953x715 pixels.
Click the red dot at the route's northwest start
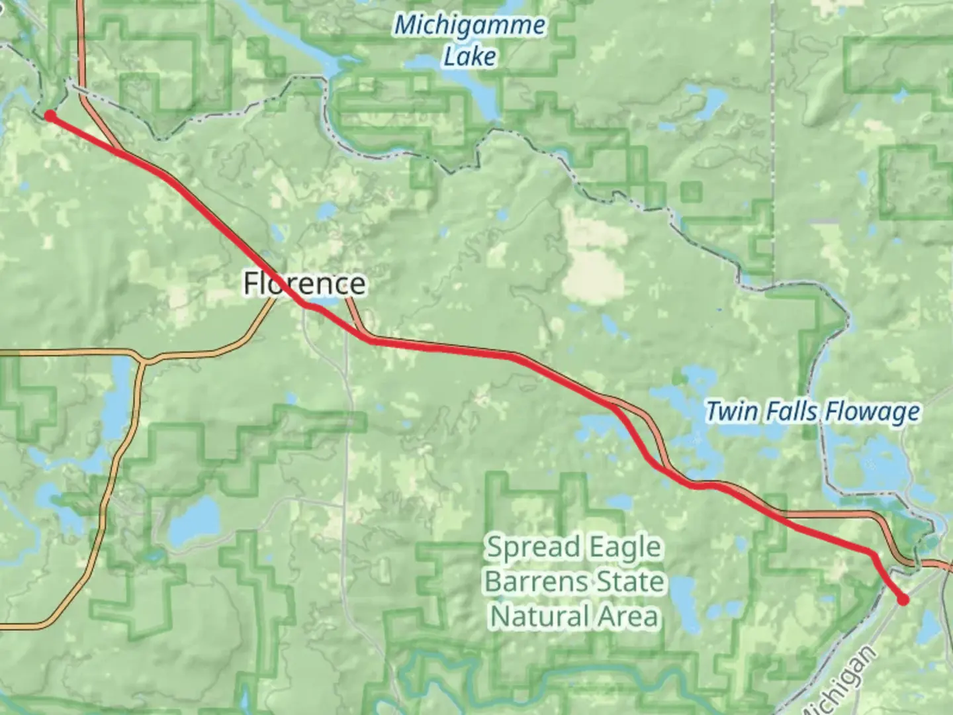point(50,117)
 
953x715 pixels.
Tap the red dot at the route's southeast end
point(903,600)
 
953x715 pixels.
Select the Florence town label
point(304,283)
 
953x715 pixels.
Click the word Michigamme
point(469,26)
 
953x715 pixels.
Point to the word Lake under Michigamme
point(469,57)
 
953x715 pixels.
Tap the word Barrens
point(535,582)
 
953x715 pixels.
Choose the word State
point(631,582)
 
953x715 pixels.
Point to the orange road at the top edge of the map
point(81,5)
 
